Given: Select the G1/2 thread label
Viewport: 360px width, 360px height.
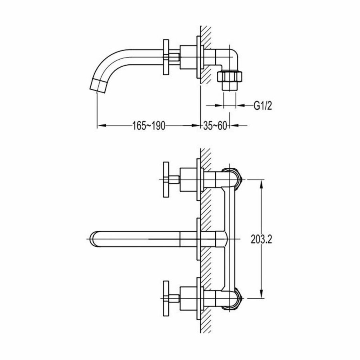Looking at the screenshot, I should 263,106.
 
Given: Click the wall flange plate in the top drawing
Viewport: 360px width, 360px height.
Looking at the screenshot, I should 198,57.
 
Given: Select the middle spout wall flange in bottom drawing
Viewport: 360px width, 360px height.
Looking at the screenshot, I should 198,239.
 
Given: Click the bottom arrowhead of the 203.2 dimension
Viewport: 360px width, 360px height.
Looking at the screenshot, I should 262,295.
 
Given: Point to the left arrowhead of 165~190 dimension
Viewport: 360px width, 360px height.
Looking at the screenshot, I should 100,126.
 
